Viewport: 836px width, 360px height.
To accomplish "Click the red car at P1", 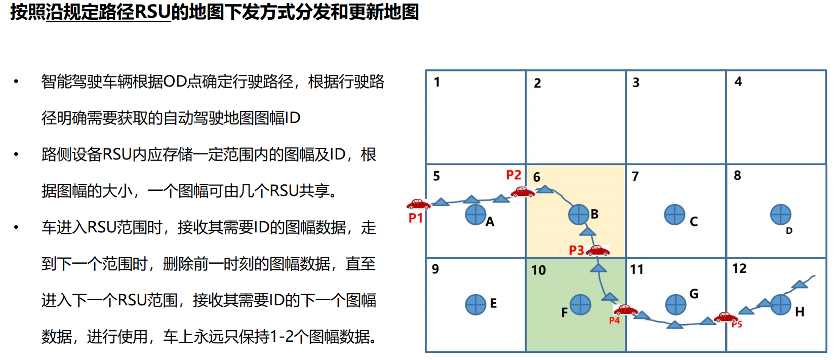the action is pyautogui.click(x=418, y=204).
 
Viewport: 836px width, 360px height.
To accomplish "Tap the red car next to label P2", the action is pyautogui.click(x=523, y=192).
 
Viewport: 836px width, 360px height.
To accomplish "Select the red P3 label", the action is pyautogui.click(x=576, y=250).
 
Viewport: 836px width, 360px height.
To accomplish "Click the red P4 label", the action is pyautogui.click(x=614, y=321).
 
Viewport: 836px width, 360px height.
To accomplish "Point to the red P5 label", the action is pyautogui.click(x=737, y=324).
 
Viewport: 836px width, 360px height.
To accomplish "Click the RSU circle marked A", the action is pyautogui.click(x=475, y=215).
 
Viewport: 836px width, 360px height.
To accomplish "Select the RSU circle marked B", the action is pyautogui.click(x=579, y=215).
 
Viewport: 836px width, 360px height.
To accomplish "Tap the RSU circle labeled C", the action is pyautogui.click(x=674, y=215).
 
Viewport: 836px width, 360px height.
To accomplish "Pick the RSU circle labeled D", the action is pyautogui.click(x=780, y=215).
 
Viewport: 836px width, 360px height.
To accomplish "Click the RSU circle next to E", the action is pyautogui.click(x=475, y=304).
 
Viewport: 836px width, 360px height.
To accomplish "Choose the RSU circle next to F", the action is pyautogui.click(x=580, y=304).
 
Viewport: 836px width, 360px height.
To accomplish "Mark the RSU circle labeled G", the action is pyautogui.click(x=675, y=304).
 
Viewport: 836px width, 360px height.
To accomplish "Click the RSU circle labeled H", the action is pyautogui.click(x=780, y=304).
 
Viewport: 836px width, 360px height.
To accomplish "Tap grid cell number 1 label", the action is pyautogui.click(x=437, y=82).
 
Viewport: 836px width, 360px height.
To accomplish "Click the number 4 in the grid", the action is pyautogui.click(x=738, y=82).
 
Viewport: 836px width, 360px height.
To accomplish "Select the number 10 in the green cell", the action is pyautogui.click(x=539, y=270).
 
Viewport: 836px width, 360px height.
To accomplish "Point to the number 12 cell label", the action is pyautogui.click(x=739, y=269).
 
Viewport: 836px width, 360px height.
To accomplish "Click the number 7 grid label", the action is pyautogui.click(x=635, y=177).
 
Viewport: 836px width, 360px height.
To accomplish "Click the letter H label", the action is pyautogui.click(x=800, y=312).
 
